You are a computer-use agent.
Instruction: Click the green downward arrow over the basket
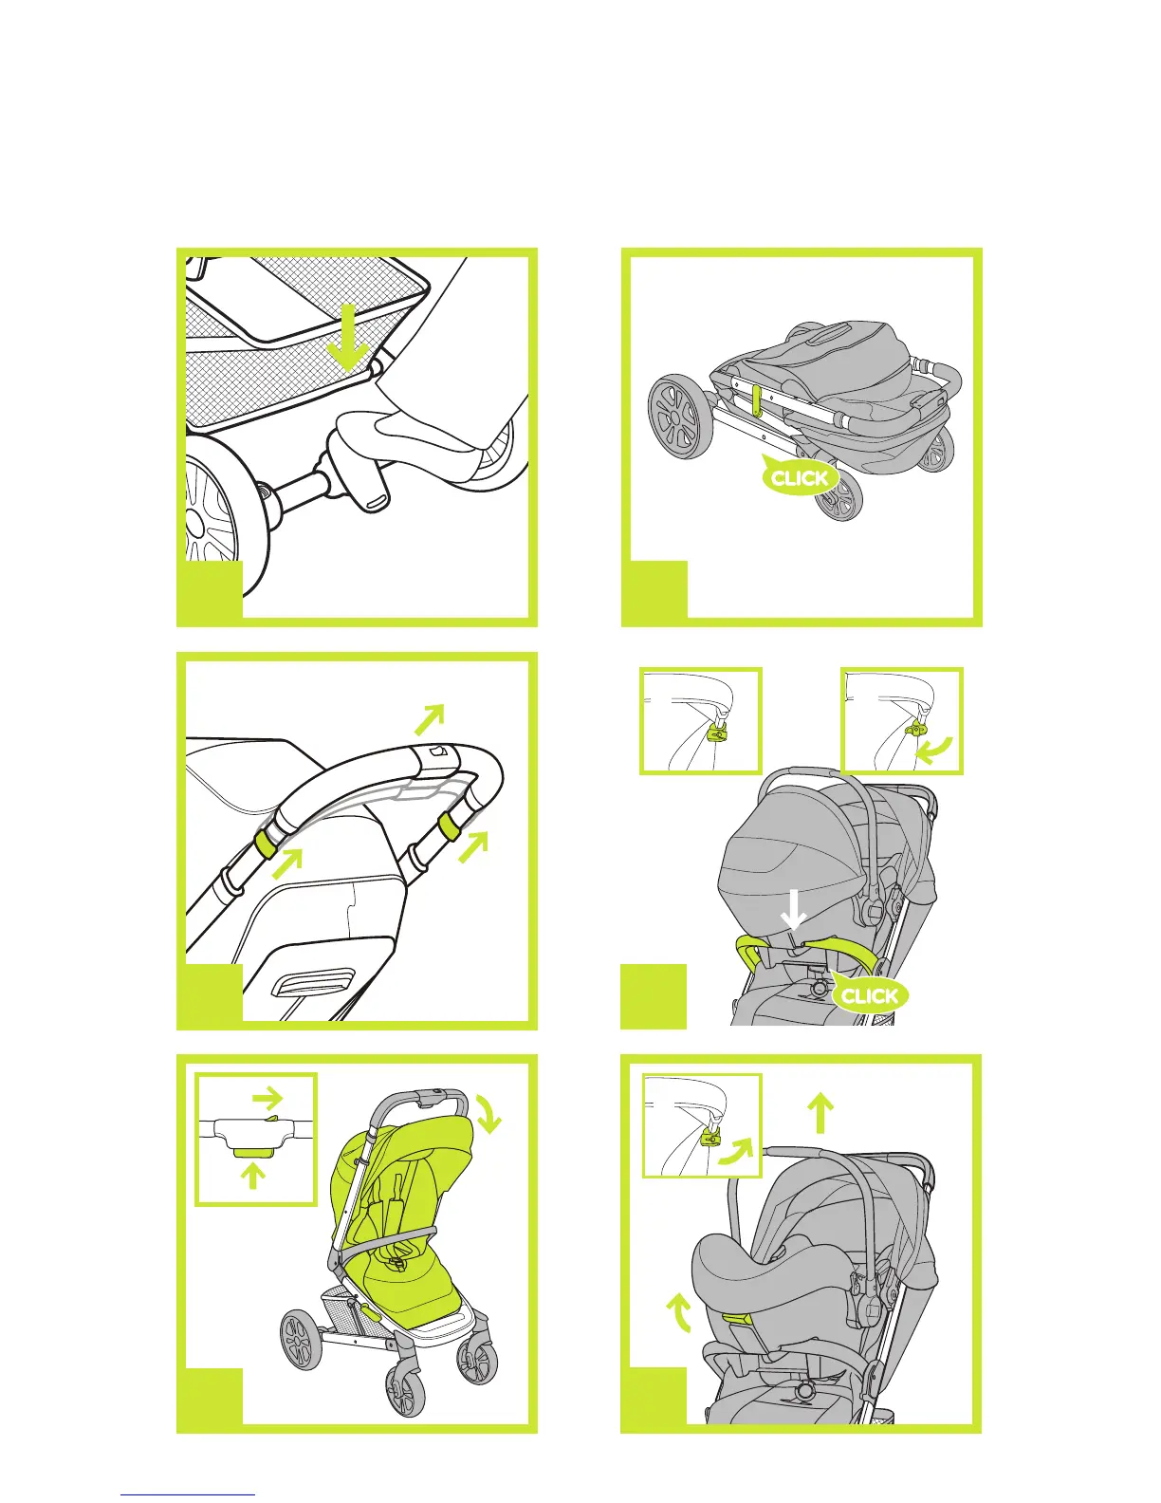[x=348, y=337]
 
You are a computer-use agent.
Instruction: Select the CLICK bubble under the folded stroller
[x=800, y=476]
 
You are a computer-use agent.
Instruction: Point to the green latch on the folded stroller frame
[x=759, y=400]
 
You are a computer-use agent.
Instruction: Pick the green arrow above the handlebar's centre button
[x=430, y=719]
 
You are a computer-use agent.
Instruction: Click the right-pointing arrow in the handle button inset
[x=267, y=1096]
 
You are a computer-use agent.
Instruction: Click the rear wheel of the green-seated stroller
[x=302, y=1339]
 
